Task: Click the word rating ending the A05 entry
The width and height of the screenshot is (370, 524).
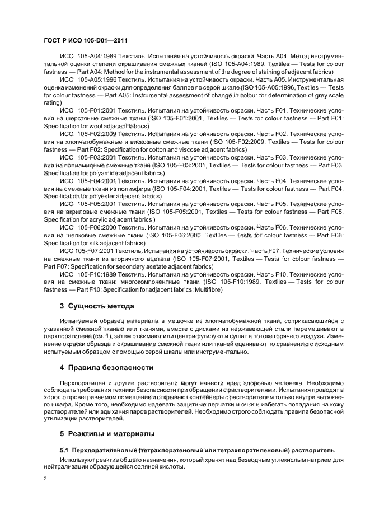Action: coord(51,103)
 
